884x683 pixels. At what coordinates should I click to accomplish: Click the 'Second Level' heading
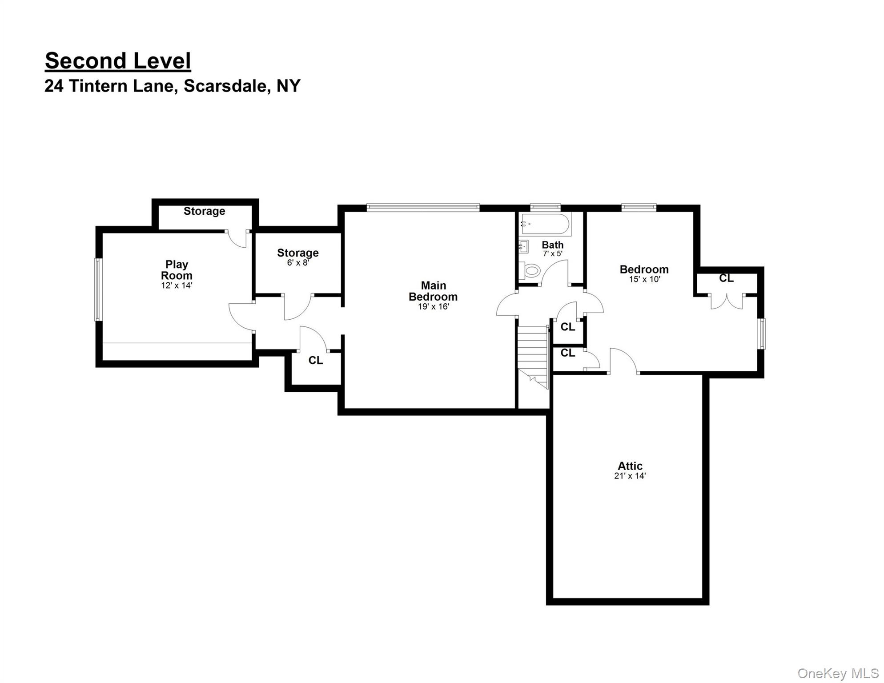click(x=118, y=61)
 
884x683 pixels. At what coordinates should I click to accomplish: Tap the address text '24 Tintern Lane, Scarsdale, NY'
click(x=173, y=86)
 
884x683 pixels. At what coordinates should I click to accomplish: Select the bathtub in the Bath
click(x=546, y=225)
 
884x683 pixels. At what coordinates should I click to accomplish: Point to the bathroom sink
click(x=523, y=246)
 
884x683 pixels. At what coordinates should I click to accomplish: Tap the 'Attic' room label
click(x=630, y=466)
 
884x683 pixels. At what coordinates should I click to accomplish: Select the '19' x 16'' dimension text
click(x=433, y=307)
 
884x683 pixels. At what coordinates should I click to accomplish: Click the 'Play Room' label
click(x=177, y=270)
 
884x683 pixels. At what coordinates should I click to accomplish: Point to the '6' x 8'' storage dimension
click(x=297, y=263)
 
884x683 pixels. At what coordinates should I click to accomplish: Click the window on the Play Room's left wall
click(x=98, y=289)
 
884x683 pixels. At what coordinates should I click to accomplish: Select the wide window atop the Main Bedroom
click(x=423, y=207)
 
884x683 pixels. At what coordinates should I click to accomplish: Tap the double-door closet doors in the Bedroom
click(x=727, y=301)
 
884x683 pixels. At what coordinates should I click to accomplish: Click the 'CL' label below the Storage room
click(x=316, y=360)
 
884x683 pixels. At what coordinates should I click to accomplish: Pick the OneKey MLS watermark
click(x=838, y=674)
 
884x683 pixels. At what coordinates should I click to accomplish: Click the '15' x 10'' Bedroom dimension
click(x=644, y=280)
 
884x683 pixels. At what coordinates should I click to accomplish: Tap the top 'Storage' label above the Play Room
click(x=204, y=211)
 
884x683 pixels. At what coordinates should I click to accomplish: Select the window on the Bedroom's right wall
click(x=762, y=334)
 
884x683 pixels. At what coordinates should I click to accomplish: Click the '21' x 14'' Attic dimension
click(x=630, y=476)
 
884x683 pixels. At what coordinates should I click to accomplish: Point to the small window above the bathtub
click(x=545, y=207)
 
